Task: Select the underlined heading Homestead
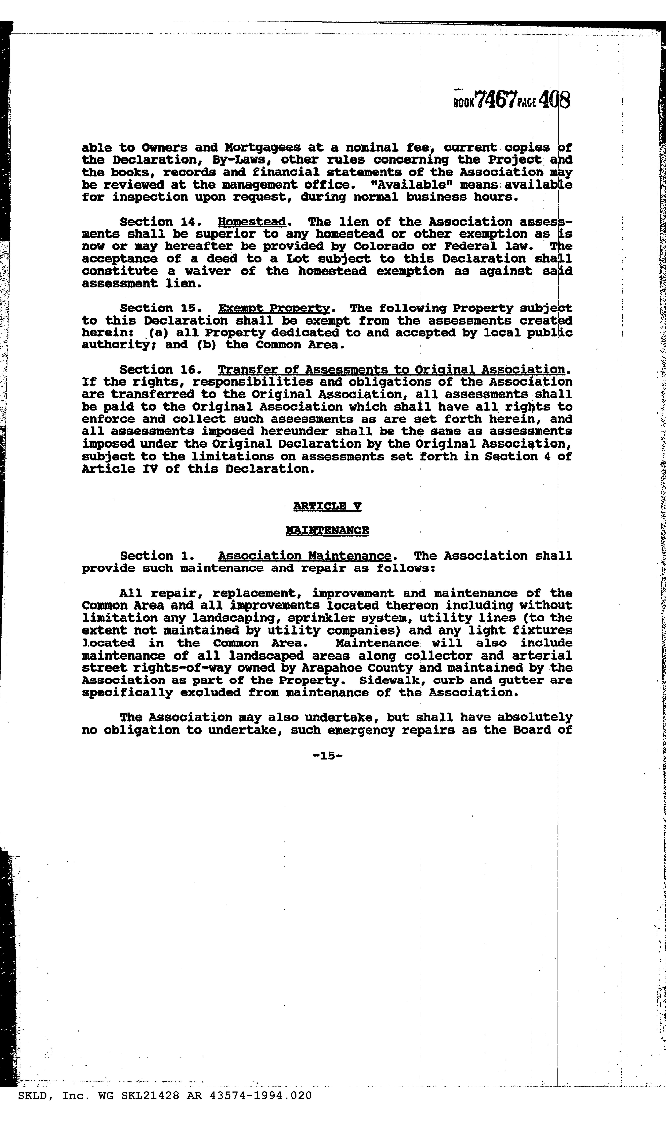(x=252, y=222)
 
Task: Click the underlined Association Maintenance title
(x=304, y=556)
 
